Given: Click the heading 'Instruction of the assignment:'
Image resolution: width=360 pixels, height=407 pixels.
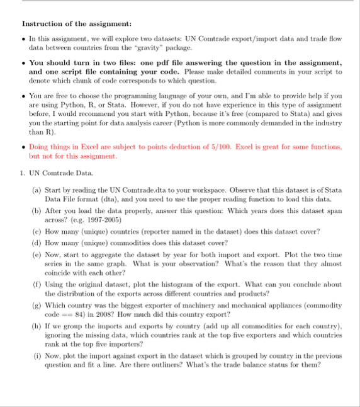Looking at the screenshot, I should coord(77,24).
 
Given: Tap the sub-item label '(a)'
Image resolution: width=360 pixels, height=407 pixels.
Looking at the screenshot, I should coord(38,190).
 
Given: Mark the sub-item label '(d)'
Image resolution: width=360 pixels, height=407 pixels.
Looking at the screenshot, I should coord(38,242).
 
